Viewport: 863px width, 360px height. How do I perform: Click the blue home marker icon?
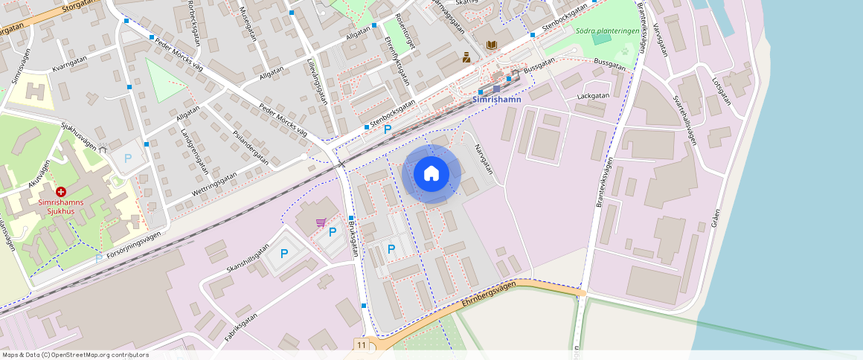click(x=431, y=174)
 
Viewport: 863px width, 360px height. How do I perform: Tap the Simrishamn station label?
click(x=496, y=99)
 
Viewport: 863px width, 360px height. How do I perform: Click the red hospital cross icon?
click(x=61, y=192)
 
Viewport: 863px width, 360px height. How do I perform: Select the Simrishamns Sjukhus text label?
click(x=61, y=205)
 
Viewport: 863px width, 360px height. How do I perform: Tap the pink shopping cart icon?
click(x=321, y=222)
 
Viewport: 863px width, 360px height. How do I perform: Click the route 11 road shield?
click(x=362, y=344)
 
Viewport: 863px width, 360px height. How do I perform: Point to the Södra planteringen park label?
click(x=607, y=31)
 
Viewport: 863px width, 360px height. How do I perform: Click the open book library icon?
click(x=491, y=45)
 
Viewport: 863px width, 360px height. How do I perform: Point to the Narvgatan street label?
click(x=484, y=158)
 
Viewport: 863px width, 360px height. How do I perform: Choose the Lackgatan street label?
click(x=593, y=96)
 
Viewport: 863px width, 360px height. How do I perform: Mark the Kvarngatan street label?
click(x=70, y=65)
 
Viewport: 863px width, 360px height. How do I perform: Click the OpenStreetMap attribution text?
click(x=76, y=355)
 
